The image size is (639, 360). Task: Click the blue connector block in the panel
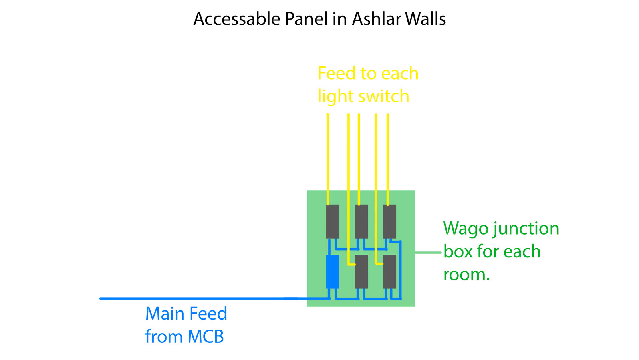click(x=333, y=272)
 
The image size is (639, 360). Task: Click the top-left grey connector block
click(x=333, y=221)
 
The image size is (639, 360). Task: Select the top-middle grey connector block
click(x=361, y=221)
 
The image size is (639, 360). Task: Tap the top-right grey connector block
click(x=389, y=221)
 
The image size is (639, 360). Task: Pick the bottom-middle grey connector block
click(x=361, y=272)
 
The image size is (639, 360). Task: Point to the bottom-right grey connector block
click(x=389, y=272)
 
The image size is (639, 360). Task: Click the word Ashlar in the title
click(x=376, y=19)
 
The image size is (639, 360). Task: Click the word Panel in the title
click(x=303, y=19)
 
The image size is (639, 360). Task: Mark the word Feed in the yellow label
click(x=336, y=74)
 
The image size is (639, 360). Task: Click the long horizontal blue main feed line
click(x=200, y=298)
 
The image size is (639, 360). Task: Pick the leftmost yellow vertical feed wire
click(x=328, y=160)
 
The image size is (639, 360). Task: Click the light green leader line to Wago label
click(x=428, y=253)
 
